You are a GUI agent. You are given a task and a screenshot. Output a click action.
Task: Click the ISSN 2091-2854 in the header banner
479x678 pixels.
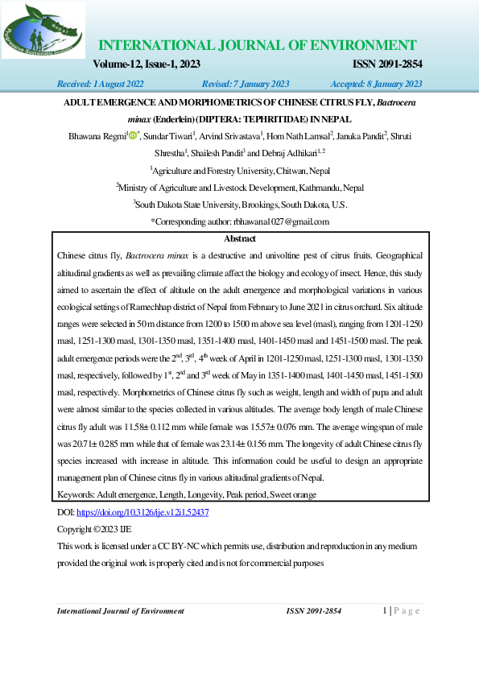point(388,64)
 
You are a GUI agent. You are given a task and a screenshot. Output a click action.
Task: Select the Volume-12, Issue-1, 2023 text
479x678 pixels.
point(147,64)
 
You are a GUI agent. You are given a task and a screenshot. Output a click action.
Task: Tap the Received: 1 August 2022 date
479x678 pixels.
point(100,84)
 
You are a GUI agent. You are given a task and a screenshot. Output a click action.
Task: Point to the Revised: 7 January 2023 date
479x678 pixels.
point(246,84)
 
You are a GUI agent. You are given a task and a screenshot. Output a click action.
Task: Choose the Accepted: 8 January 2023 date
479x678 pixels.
point(376,84)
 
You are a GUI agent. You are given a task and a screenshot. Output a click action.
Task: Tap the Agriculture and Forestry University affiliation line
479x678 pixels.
point(239,170)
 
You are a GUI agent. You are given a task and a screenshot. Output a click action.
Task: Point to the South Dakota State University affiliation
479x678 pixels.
point(239,204)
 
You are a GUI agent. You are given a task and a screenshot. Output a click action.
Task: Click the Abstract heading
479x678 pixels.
point(239,239)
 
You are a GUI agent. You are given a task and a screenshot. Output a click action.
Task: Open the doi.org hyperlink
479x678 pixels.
point(142,511)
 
